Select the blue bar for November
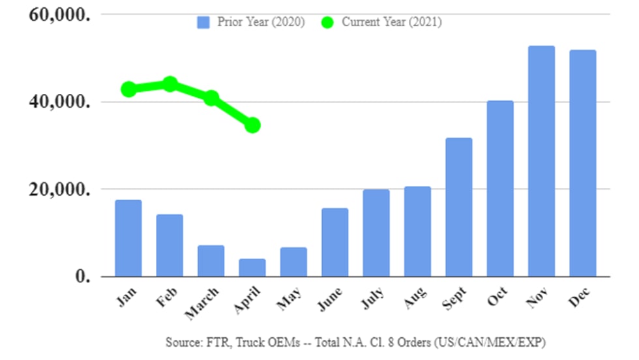[541, 161]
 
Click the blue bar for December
[582, 163]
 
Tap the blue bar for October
[500, 188]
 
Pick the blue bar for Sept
[459, 207]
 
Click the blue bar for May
[293, 262]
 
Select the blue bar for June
[334, 242]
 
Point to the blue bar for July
[376, 233]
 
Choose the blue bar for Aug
[417, 231]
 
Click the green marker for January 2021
[128, 89]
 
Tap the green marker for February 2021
[170, 84]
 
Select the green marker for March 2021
[211, 98]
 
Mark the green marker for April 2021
[252, 125]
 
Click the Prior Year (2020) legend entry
[250, 22]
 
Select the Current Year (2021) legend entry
[381, 22]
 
